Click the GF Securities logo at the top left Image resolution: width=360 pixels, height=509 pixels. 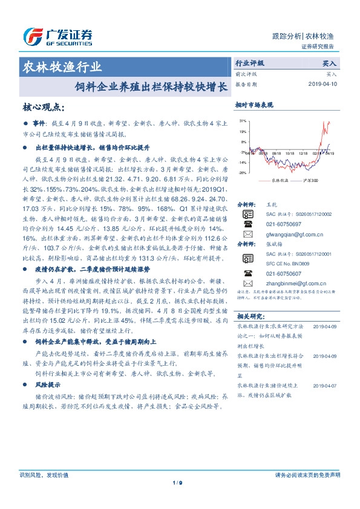click(x=57, y=38)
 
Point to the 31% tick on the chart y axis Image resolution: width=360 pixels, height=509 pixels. click(x=243, y=121)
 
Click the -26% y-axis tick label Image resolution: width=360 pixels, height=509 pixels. click(x=242, y=173)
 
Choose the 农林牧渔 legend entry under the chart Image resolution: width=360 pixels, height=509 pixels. click(x=280, y=180)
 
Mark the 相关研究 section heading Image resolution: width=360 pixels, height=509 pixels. click(x=249, y=316)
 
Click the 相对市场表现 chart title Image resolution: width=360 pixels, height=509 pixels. click(x=253, y=104)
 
